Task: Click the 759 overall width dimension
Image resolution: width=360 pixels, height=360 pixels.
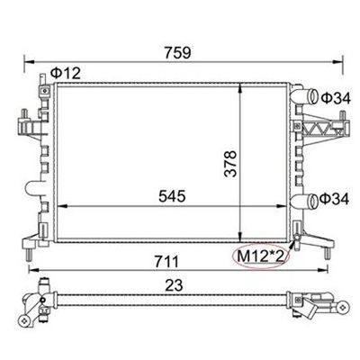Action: (177, 52)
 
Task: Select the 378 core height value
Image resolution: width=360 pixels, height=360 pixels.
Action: (230, 164)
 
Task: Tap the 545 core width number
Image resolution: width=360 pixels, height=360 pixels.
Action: (172, 196)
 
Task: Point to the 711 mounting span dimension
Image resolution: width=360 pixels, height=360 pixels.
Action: (166, 262)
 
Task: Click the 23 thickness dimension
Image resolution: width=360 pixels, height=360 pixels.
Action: (174, 285)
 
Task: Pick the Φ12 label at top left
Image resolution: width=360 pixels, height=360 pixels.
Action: (66, 73)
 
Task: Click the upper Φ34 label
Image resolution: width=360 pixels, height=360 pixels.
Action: (336, 98)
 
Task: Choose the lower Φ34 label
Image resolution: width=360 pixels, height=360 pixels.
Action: (334, 199)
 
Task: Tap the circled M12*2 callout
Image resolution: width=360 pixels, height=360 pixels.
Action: (260, 256)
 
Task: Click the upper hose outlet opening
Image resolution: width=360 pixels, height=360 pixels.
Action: (313, 96)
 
